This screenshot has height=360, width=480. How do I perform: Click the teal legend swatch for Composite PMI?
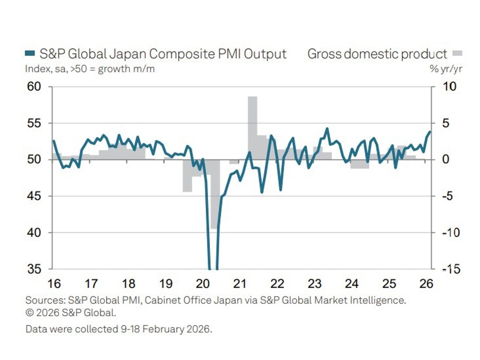pos(30,54)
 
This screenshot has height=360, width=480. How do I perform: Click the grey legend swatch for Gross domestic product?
pos(457,53)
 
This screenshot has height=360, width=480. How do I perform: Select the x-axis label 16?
pos(54,284)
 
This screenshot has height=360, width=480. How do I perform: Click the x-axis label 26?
pos(426,284)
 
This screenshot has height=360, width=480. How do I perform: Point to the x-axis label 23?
pos(315,284)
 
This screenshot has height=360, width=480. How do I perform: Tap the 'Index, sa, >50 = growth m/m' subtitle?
pos(90,69)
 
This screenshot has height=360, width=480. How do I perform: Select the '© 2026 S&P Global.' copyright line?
pos(71,312)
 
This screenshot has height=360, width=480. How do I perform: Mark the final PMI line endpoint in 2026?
pos(430,131)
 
